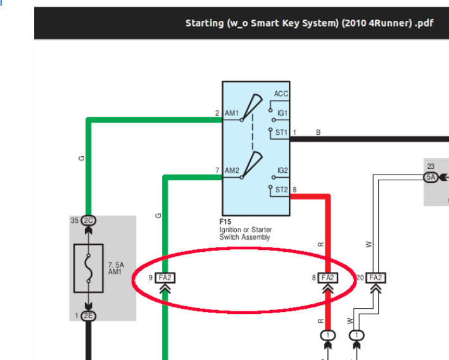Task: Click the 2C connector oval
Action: click(x=89, y=221)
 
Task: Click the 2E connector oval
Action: click(x=89, y=316)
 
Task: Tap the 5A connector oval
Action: click(x=431, y=177)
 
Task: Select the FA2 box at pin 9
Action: click(x=165, y=278)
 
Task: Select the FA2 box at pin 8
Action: click(x=328, y=278)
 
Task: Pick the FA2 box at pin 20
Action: click(x=376, y=278)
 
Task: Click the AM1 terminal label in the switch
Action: click(x=232, y=113)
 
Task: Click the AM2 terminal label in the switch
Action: click(x=232, y=171)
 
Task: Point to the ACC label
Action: click(x=281, y=94)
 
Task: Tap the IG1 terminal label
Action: click(x=282, y=113)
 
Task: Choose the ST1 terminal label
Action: click(x=281, y=132)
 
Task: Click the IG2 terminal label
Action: click(x=282, y=171)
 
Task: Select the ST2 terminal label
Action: click(x=281, y=190)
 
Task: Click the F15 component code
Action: click(x=225, y=222)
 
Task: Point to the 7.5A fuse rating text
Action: click(x=116, y=265)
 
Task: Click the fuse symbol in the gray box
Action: click(x=89, y=268)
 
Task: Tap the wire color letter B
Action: click(x=318, y=132)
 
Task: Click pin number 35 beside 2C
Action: click(x=75, y=220)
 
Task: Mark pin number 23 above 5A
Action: click(x=431, y=166)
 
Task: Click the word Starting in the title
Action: click(x=205, y=23)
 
